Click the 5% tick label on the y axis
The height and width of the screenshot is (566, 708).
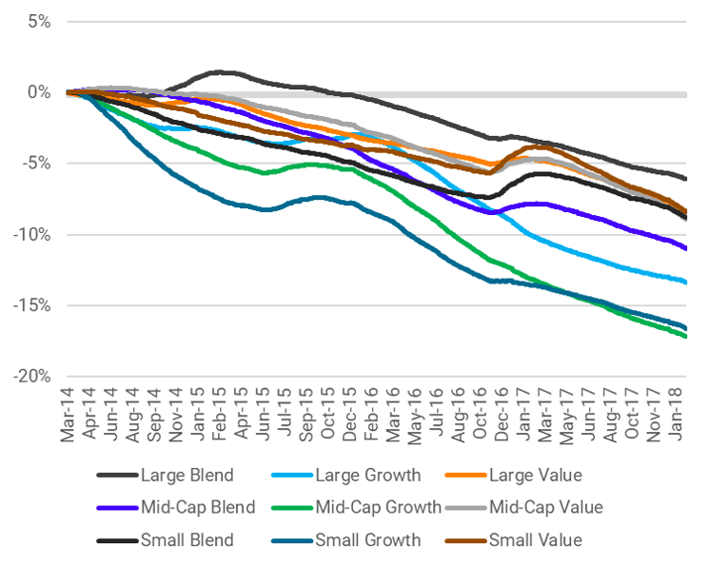pyautogui.click(x=37, y=22)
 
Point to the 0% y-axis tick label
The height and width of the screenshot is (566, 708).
pyautogui.click(x=37, y=93)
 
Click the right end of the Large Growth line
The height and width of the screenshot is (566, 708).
pyautogui.click(x=687, y=282)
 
